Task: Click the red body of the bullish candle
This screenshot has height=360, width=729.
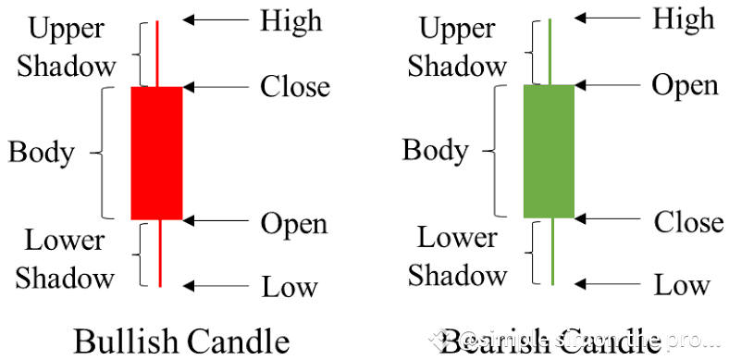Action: click(x=156, y=153)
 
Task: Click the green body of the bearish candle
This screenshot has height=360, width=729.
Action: click(x=549, y=151)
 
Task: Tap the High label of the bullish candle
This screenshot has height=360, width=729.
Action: click(x=290, y=20)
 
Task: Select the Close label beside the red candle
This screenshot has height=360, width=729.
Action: click(x=294, y=87)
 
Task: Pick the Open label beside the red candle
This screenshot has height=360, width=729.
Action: click(x=293, y=223)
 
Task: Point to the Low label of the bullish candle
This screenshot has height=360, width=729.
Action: click(x=290, y=287)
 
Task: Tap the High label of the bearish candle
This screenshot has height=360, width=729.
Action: click(x=683, y=18)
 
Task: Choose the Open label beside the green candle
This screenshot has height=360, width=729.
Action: click(x=685, y=85)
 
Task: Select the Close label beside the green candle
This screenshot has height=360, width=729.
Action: click(x=688, y=222)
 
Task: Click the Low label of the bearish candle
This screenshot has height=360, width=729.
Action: click(x=682, y=285)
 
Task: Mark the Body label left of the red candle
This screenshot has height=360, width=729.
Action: click(x=41, y=152)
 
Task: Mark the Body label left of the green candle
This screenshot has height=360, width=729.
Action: click(x=435, y=150)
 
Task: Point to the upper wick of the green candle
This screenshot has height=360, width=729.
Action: click(x=550, y=51)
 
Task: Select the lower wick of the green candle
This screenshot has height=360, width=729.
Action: click(x=550, y=251)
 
